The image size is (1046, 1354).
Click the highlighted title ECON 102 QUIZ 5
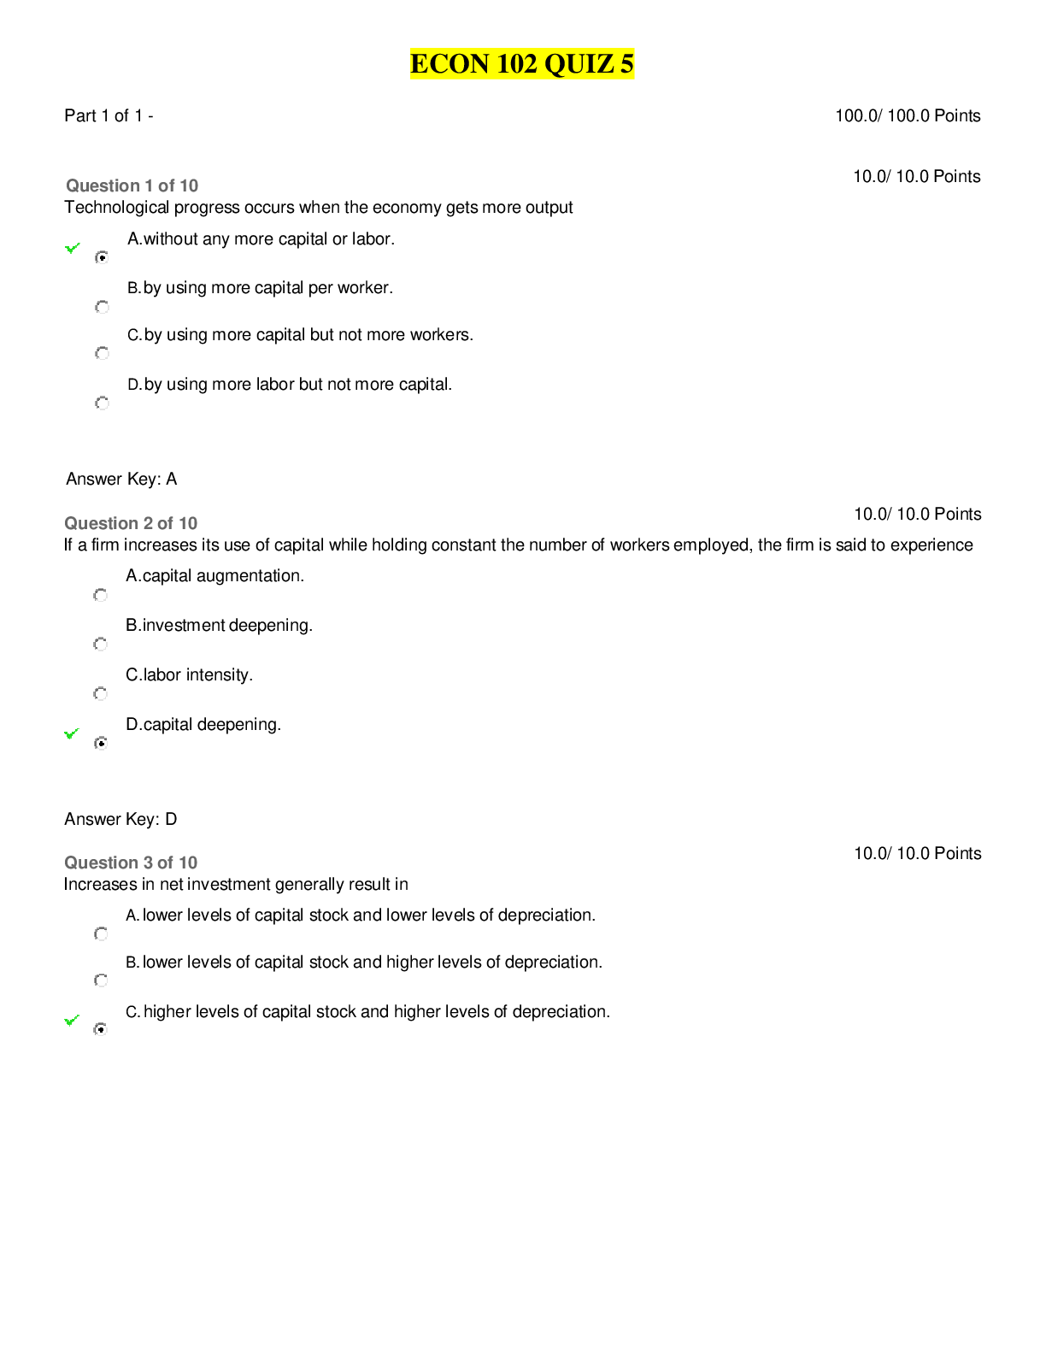point(522,63)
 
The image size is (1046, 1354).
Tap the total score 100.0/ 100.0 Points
point(907,116)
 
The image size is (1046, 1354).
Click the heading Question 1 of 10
point(132,185)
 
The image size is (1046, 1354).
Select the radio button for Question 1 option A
point(102,257)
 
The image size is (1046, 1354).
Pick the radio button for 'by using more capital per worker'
point(102,307)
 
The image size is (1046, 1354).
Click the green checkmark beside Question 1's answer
point(73,248)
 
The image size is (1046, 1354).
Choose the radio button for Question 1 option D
point(102,403)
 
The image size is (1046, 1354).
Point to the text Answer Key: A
point(121,479)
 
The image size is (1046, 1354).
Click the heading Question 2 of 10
point(131,523)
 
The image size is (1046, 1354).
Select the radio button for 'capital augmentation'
point(100,595)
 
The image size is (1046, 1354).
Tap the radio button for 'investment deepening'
point(100,644)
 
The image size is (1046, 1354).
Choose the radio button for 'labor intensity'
point(100,693)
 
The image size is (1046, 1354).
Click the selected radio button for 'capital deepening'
point(100,743)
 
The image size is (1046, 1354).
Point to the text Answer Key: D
point(120,819)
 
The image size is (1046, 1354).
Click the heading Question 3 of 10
point(131,862)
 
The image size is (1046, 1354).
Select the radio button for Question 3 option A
point(100,933)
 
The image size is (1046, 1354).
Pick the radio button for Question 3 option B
point(100,980)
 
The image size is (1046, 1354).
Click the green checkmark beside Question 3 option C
point(73,1020)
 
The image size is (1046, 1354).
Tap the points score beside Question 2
point(918,514)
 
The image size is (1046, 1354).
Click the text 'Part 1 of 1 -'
point(109,116)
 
